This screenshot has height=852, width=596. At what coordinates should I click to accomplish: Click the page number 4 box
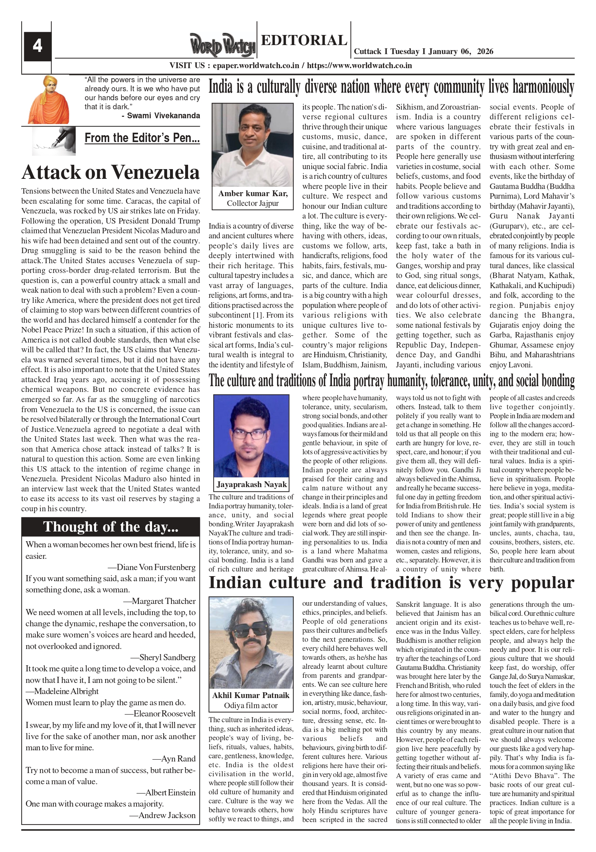tap(37, 47)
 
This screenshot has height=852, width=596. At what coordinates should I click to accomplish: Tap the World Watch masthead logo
tap(223, 45)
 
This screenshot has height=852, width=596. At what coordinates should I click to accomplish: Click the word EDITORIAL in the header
tap(304, 40)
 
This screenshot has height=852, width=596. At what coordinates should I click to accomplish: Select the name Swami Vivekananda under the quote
tap(163, 116)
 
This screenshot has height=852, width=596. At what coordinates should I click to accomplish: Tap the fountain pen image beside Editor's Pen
tap(54, 141)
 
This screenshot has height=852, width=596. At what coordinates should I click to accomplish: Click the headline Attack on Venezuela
tap(111, 173)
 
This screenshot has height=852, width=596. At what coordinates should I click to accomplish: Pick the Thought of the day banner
tap(111, 526)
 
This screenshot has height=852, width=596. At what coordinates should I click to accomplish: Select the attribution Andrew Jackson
tap(167, 815)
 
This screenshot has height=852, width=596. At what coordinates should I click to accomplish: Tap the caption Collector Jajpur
tap(253, 203)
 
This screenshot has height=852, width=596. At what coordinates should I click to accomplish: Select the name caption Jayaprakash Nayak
tap(252, 484)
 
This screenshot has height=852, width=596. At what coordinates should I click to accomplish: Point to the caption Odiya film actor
tap(251, 705)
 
